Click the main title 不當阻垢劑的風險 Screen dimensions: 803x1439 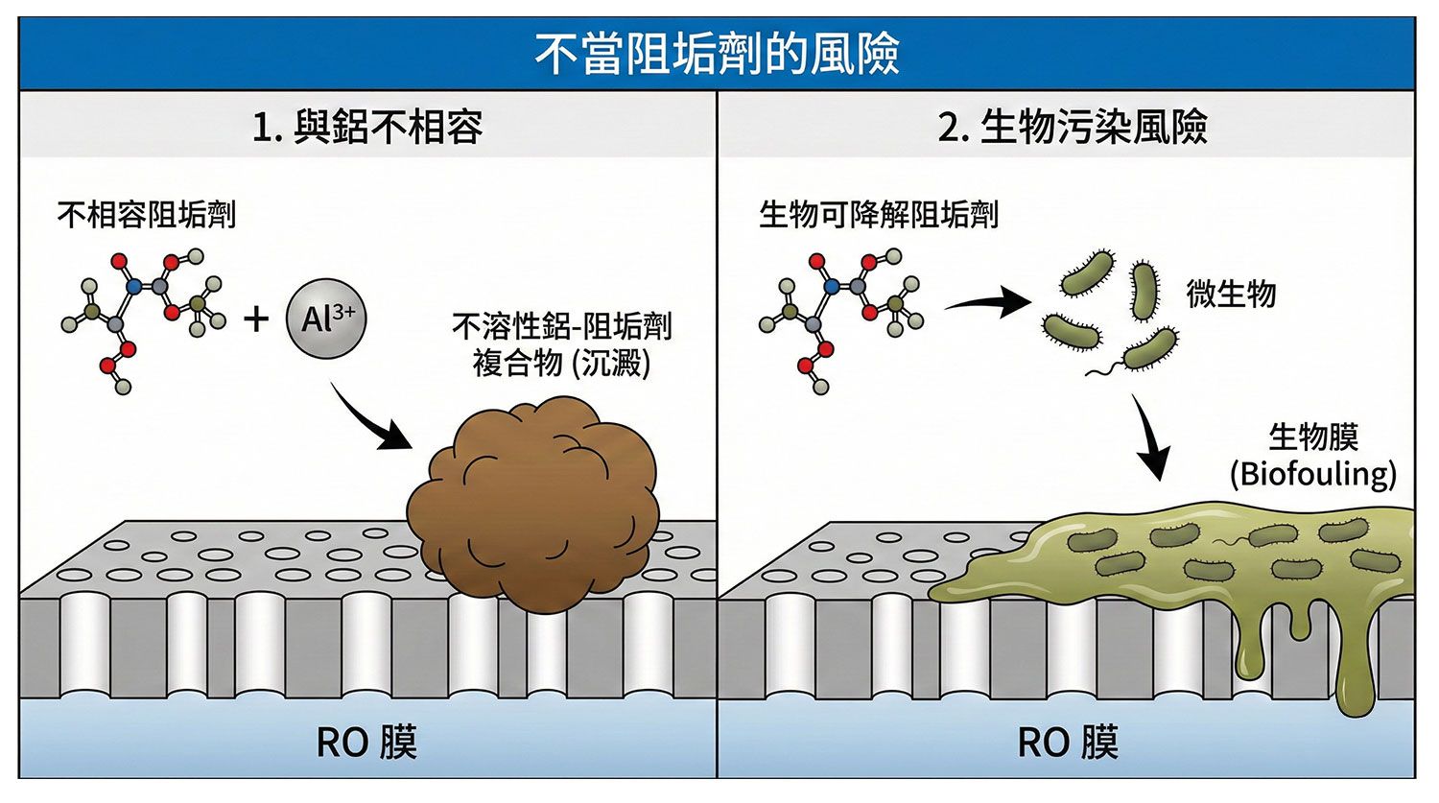(717, 54)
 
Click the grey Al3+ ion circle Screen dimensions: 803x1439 (326, 318)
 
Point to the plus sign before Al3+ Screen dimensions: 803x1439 (256, 319)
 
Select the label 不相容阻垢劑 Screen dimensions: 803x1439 (147, 214)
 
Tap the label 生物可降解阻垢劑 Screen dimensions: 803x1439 (878, 214)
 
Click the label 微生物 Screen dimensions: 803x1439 (1231, 294)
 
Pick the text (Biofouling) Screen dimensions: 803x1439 (1312, 474)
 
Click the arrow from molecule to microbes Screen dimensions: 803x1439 (985, 303)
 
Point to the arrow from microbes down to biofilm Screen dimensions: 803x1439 (1151, 437)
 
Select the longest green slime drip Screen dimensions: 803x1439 (1355, 672)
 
